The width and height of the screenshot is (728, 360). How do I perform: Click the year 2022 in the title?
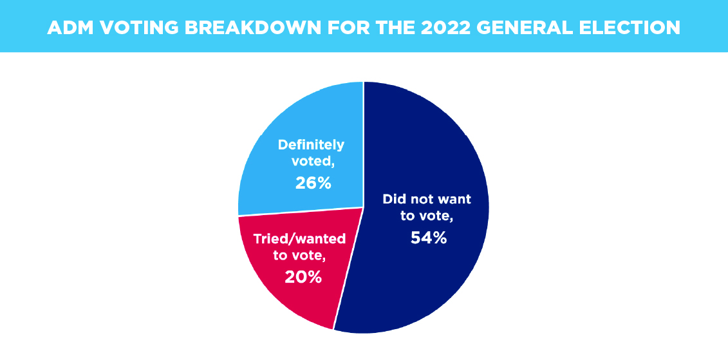pos(442,28)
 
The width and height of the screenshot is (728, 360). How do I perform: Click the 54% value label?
pos(429,238)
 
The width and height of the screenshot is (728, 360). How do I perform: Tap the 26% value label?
pos(313,183)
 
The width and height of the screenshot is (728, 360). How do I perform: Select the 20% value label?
pos(303,278)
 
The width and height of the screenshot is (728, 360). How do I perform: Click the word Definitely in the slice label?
pos(311,145)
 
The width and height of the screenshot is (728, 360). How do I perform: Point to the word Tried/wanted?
pos(299,239)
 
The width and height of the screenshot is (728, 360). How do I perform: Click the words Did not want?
pos(427,199)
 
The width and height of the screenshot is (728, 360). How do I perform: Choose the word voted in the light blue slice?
pos(307,162)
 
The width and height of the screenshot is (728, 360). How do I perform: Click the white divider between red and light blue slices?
pos(301,211)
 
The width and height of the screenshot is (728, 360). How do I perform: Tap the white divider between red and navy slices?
pos(349,268)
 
